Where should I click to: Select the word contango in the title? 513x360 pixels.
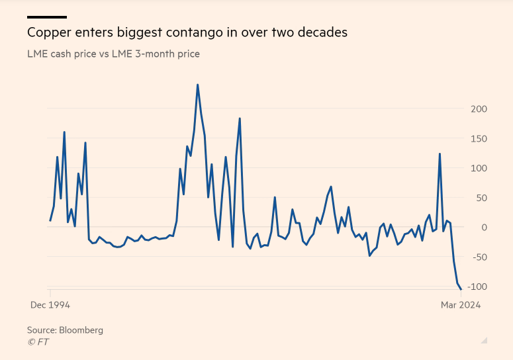(191, 32)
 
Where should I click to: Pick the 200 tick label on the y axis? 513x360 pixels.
(479, 109)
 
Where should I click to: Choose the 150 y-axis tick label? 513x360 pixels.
(479, 138)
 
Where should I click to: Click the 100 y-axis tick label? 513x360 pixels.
(479, 168)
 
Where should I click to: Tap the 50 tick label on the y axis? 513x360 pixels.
(481, 198)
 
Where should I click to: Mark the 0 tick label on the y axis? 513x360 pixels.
(484, 228)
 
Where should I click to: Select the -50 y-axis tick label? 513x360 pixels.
(479, 257)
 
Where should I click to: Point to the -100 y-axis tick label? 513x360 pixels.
(476, 287)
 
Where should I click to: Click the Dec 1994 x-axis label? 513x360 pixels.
(50, 305)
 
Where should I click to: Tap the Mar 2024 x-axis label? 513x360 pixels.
(461, 305)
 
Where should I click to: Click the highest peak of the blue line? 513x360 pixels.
(197, 85)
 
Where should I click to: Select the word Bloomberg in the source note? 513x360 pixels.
(81, 330)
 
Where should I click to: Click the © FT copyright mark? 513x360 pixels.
(38, 341)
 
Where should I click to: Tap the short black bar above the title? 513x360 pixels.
(46, 17)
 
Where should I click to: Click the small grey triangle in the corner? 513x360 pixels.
(485, 340)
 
